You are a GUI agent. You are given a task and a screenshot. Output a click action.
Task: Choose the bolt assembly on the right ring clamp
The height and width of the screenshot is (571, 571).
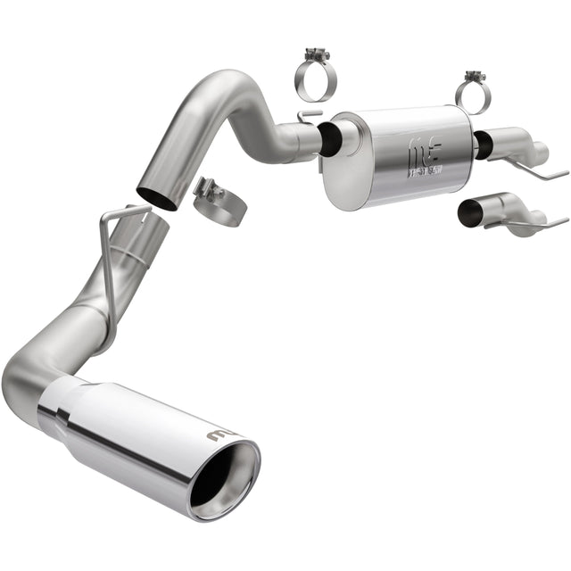point(472,76)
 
